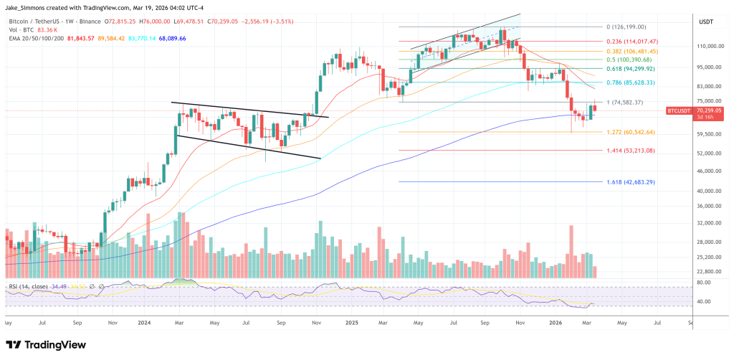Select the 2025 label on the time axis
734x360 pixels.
point(351,323)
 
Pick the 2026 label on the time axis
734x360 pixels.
point(556,323)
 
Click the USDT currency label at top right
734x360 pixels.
point(707,22)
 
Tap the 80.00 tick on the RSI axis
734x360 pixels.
point(703,283)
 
